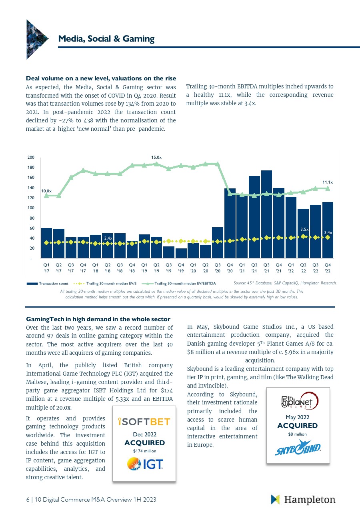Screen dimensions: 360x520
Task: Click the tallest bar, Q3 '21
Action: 266,214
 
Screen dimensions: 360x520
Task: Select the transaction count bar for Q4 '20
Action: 230,223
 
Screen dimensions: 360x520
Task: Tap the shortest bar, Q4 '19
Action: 181,253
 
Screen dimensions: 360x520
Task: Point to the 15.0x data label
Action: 156,157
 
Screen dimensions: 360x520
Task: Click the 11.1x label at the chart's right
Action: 328,182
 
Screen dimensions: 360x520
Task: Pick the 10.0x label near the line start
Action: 46,191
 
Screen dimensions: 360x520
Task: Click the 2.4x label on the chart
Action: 108,238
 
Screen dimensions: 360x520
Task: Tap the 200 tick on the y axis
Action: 31,157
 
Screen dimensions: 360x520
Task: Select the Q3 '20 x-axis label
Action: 218,268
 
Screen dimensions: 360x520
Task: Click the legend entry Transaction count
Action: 48,284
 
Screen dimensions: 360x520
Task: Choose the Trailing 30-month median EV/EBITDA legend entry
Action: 179,284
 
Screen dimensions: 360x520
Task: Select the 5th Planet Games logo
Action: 300,401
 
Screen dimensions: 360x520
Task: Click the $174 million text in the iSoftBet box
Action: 145,451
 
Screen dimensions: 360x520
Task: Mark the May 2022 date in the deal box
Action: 298,417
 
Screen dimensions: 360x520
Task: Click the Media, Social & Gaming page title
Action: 106,38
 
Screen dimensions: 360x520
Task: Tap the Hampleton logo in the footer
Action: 303,499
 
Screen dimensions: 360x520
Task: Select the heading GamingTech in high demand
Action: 98,319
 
